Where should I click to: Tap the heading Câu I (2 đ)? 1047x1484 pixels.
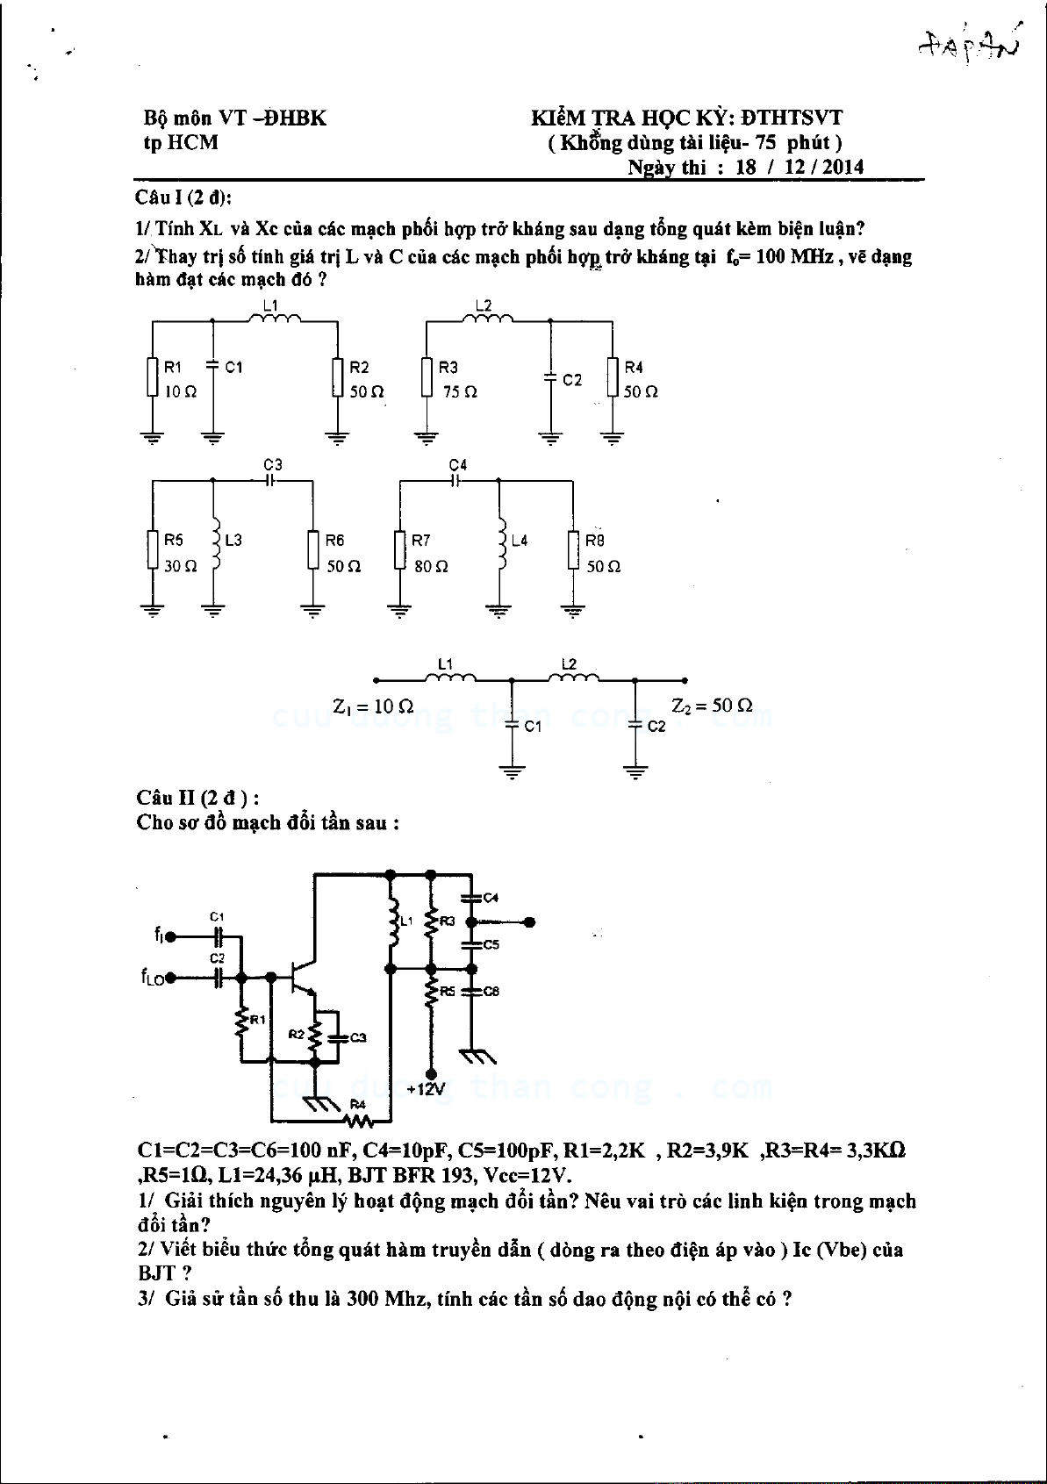183,197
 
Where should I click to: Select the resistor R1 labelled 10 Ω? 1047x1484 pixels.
154,377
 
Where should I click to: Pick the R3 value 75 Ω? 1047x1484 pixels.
460,392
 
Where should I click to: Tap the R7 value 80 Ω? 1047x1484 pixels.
431,567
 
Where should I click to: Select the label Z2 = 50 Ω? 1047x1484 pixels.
712,706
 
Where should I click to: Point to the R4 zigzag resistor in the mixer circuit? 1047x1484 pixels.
357,1120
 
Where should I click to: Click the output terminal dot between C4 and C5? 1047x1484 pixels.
529,922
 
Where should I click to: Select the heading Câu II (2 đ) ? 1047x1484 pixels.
197,798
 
